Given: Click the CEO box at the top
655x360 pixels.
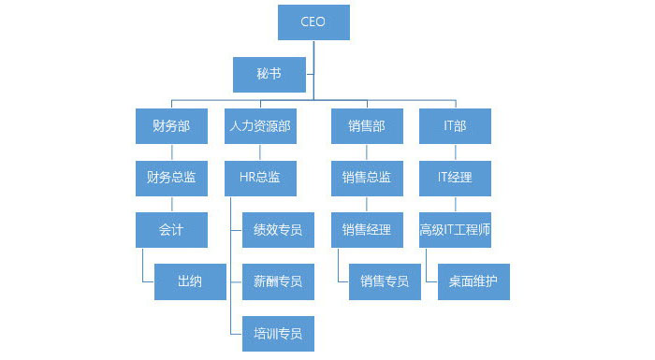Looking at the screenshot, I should [313, 22].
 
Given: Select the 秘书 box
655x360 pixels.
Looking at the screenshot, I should [269, 73].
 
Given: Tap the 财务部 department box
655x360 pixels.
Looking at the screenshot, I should [170, 125].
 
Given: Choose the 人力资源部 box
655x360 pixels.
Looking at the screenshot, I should [261, 125].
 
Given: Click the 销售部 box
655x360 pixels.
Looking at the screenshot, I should [366, 125].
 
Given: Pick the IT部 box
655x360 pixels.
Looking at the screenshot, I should [455, 125].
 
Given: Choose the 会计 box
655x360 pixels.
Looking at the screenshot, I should [170, 230].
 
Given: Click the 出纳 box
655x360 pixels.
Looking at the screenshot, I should [190, 281].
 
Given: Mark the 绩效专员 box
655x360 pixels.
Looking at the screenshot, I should [278, 230].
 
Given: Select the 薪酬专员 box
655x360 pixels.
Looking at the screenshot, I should [278, 281].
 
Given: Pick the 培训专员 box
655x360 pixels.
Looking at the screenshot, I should [278, 333].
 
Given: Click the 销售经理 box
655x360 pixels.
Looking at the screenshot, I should [366, 230].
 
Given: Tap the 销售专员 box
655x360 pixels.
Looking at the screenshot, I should [385, 281].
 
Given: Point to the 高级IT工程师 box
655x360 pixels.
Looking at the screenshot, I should [455, 230].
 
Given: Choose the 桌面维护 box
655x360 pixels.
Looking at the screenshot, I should [473, 281].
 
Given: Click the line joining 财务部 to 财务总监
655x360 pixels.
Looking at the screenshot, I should [170, 151].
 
